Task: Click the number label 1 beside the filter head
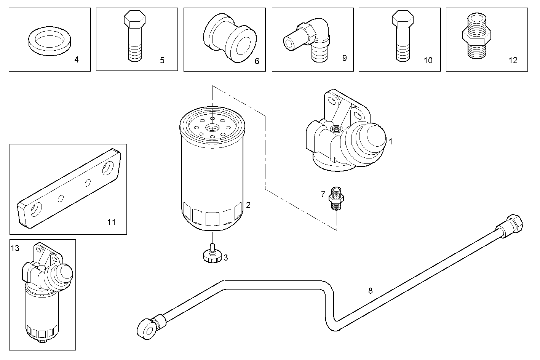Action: (x=390, y=142)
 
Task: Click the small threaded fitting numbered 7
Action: (x=336, y=198)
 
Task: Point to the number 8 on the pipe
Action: (x=370, y=291)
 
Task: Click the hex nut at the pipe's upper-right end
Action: (x=515, y=223)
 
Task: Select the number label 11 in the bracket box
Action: (x=111, y=222)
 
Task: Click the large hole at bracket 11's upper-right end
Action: (x=109, y=168)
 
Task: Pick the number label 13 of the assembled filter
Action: (x=15, y=249)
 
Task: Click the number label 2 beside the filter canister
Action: (x=248, y=205)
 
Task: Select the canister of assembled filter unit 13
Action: (x=42, y=312)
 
